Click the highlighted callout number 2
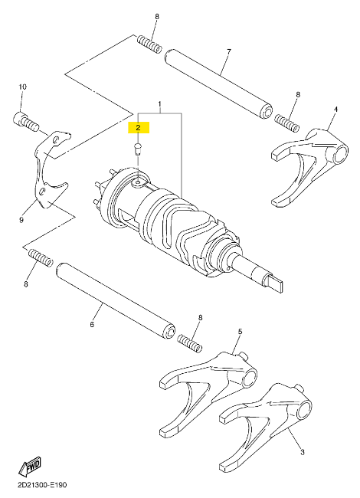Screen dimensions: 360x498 click(138, 128)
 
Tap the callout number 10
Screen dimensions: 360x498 click(22, 87)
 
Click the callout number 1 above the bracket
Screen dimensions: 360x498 click(160, 104)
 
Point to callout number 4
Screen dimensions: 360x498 click(335, 110)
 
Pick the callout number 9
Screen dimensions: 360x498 click(21, 219)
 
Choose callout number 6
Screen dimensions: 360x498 click(92, 325)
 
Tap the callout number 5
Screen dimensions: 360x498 click(240, 332)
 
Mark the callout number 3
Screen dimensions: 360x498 click(303, 452)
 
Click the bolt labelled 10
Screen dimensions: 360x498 click(26, 123)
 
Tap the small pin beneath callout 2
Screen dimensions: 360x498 click(137, 149)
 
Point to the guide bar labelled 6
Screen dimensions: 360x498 click(115, 300)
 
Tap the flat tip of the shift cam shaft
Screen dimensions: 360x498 click(273, 283)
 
